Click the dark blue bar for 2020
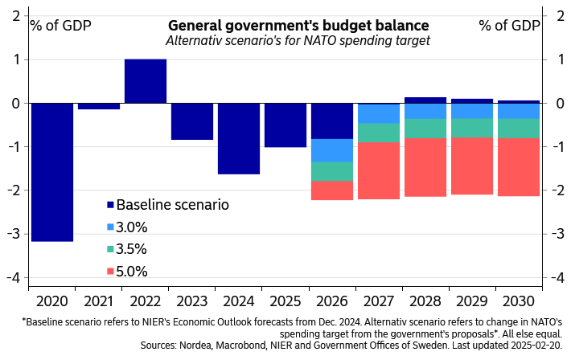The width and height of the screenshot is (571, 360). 52,173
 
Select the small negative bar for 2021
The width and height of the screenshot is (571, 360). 99,107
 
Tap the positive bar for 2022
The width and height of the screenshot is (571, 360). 146,81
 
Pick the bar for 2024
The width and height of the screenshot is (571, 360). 239,139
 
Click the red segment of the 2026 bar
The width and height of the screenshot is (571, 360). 332,191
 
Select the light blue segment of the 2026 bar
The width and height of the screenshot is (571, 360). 332,150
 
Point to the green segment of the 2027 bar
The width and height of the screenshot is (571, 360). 379,133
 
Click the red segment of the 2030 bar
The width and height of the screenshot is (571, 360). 519,167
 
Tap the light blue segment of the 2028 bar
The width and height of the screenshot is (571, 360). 425,112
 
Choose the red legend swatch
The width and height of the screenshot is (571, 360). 110,272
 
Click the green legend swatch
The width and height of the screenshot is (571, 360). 110,249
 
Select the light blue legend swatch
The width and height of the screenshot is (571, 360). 110,227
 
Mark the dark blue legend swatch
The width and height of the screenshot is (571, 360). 110,205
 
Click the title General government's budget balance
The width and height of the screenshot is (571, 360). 298,25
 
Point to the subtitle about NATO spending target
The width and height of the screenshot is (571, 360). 298,39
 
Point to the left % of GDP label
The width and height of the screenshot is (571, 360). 60,24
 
